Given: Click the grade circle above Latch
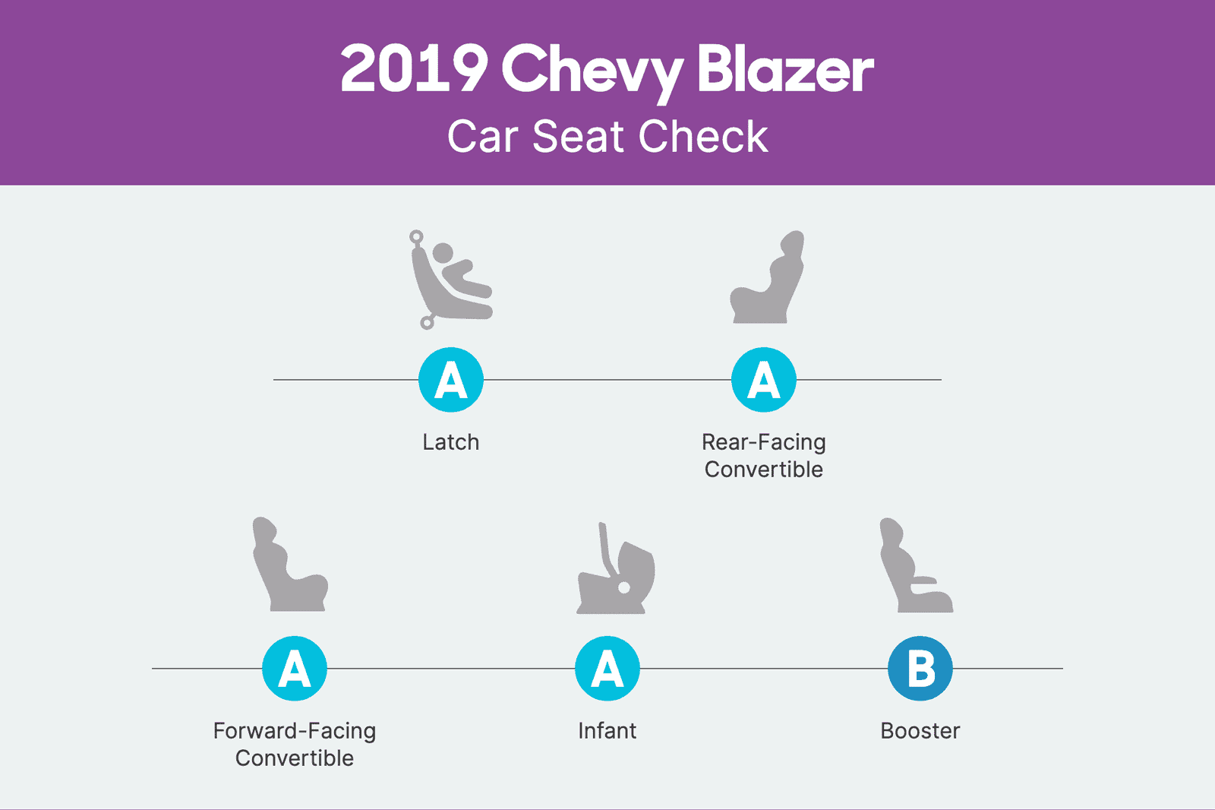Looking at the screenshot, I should click(451, 380).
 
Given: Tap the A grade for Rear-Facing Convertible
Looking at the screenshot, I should click(764, 380).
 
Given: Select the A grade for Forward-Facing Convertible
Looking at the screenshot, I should click(295, 669).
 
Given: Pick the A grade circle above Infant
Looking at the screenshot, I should click(607, 669).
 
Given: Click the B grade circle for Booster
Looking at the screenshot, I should click(920, 669).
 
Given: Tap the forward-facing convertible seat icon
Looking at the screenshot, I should click(289, 566).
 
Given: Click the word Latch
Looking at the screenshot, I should click(451, 442).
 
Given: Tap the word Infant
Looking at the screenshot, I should click(607, 731).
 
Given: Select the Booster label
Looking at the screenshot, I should click(920, 731).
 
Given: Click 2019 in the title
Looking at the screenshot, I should click(414, 70).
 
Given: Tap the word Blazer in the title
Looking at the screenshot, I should click(785, 70).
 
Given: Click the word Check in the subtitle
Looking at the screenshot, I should click(703, 137).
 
